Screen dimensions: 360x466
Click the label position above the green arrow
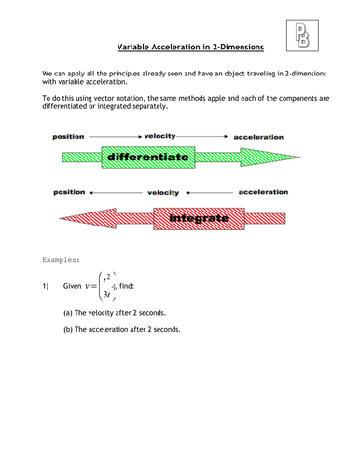pyautogui.click(x=68, y=136)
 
